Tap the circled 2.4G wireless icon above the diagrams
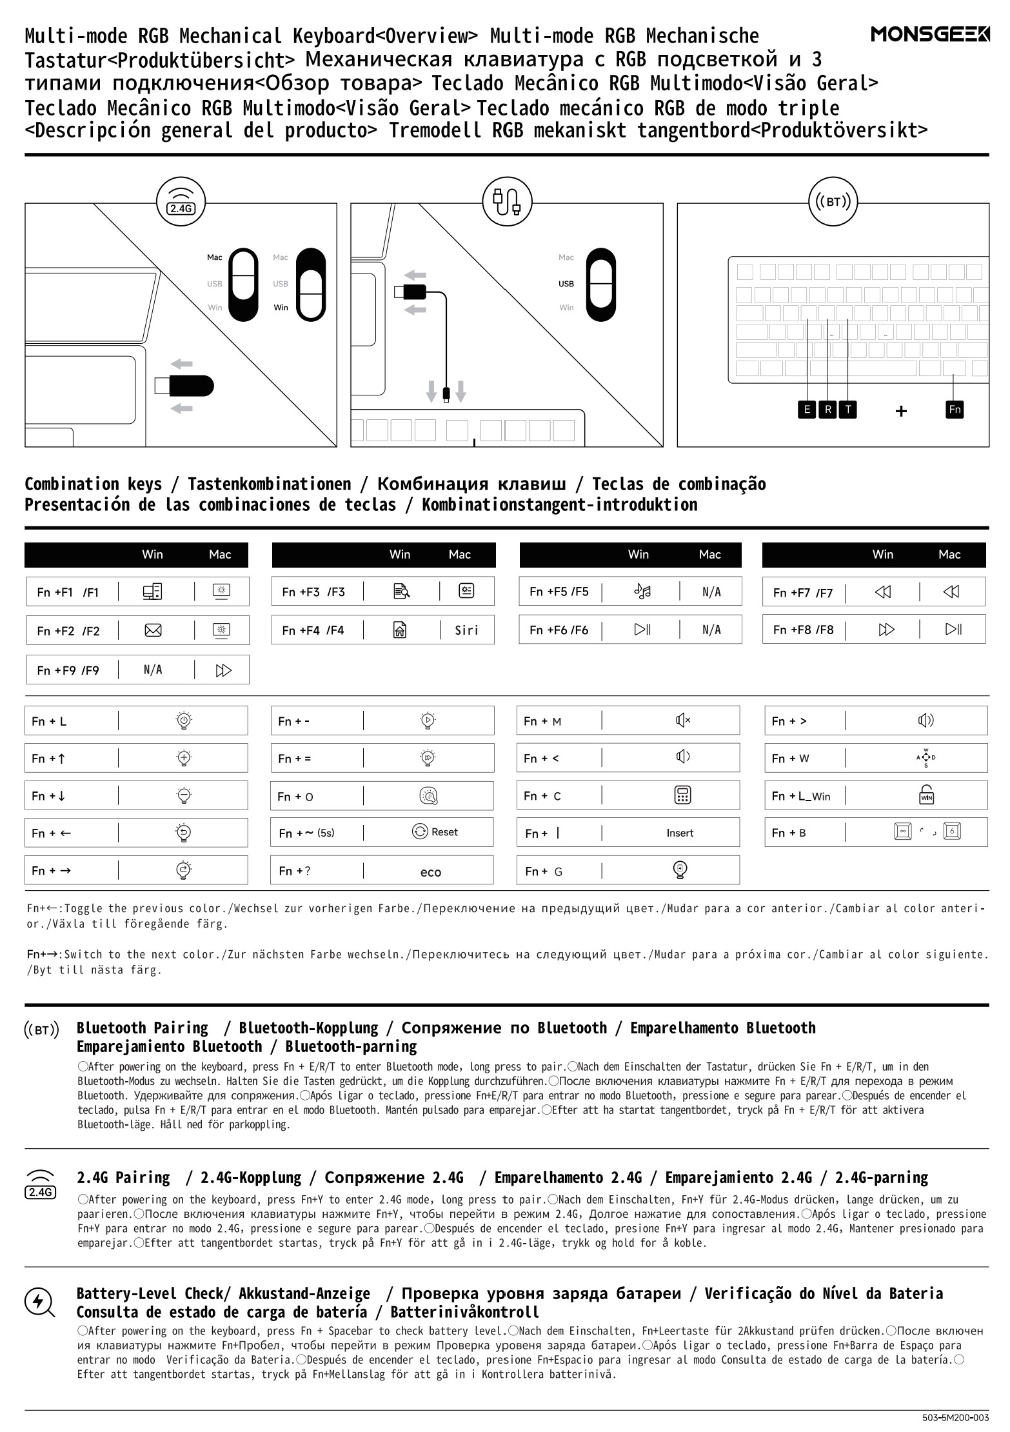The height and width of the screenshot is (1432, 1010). pos(181,201)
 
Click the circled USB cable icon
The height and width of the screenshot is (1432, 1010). pos(507,201)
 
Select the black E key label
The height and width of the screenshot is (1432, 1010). pos(806,409)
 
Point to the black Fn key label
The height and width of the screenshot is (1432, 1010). pos(955,409)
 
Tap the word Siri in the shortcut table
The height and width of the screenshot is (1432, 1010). pos(466,630)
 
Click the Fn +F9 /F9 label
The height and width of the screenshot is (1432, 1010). pos(68,670)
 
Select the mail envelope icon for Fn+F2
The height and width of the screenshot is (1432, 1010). pos(153,630)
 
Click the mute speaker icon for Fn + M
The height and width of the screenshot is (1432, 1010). pos(682,720)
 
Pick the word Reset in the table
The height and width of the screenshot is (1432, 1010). pos(444,832)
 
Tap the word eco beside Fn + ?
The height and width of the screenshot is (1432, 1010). pos(430,872)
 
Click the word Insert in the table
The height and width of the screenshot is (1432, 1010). pos(680,833)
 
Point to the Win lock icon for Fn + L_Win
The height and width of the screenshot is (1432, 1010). pos(926,795)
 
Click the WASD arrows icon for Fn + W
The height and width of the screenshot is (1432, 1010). pos(926,758)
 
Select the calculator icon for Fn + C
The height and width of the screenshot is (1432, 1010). pos(682,795)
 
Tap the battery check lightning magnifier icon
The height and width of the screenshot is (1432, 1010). pos(39,1301)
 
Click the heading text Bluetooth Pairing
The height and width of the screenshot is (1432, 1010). pos(143,1028)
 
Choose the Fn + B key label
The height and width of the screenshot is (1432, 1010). pos(789,833)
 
